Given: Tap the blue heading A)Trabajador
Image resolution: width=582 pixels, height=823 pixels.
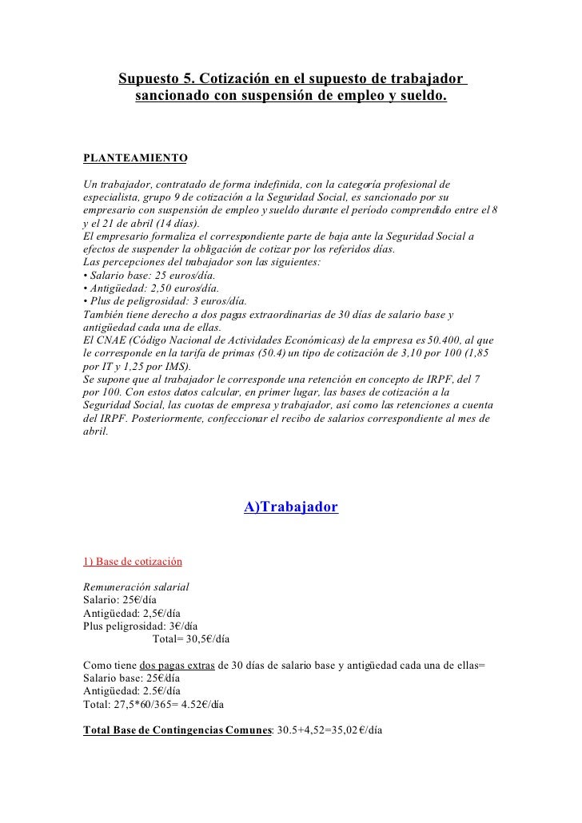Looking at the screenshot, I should [x=291, y=507].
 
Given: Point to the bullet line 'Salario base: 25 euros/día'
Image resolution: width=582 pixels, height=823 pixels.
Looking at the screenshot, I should [x=137, y=274].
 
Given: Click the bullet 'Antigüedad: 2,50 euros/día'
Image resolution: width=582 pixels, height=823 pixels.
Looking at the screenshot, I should [x=140, y=288].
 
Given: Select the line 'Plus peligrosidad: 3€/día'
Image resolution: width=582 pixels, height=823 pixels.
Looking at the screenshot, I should [x=140, y=626].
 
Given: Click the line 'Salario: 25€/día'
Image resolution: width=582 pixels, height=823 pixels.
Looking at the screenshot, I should [x=122, y=599].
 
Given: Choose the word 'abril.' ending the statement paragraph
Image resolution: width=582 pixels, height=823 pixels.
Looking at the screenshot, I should [x=95, y=431].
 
